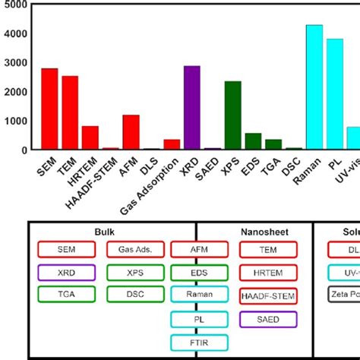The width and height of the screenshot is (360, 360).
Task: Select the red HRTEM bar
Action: pyautogui.click(x=90, y=137)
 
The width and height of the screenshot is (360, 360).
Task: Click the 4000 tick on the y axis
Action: pyautogui.click(x=16, y=34)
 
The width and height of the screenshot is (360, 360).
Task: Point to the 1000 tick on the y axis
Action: pyautogui.click(x=16, y=122)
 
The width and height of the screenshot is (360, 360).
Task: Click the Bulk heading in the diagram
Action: pyautogui.click(x=104, y=231)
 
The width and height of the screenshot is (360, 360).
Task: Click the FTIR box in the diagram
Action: pyautogui.click(x=199, y=343)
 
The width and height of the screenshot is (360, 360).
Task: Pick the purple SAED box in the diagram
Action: pyautogui.click(x=268, y=320)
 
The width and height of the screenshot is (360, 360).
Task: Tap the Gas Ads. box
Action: pyautogui.click(x=135, y=249)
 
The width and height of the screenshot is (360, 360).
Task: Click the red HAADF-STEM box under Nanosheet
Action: pyautogui.click(x=268, y=296)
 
